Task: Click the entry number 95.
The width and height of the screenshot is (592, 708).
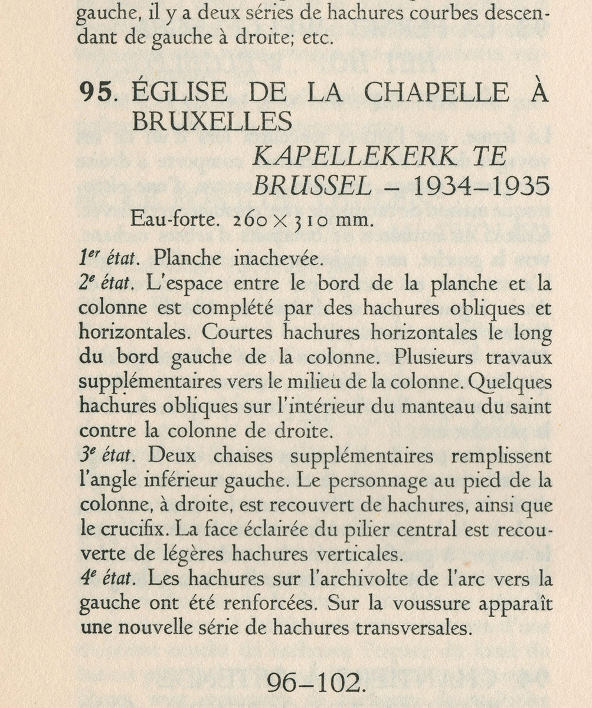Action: [97, 93]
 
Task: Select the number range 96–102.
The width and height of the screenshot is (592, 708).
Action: [313, 683]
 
